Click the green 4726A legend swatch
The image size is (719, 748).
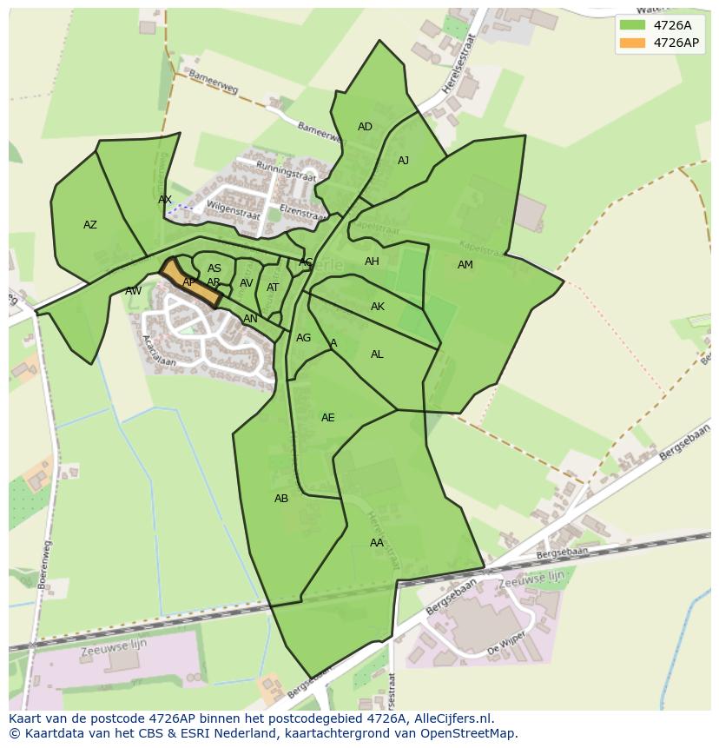click(633, 24)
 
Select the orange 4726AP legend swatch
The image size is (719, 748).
click(633, 43)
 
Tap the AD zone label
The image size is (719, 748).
click(365, 127)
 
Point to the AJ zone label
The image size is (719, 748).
click(403, 161)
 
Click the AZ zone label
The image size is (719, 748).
click(90, 225)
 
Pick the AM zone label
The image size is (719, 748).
click(465, 265)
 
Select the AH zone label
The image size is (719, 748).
click(372, 261)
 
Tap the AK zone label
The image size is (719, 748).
click(378, 307)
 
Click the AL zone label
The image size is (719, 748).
click(377, 354)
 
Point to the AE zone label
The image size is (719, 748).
click(327, 418)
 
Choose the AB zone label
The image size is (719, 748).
click(281, 499)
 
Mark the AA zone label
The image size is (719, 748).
click(376, 543)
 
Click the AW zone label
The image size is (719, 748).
click(133, 291)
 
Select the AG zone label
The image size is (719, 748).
click(303, 338)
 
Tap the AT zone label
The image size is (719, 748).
click(273, 288)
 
